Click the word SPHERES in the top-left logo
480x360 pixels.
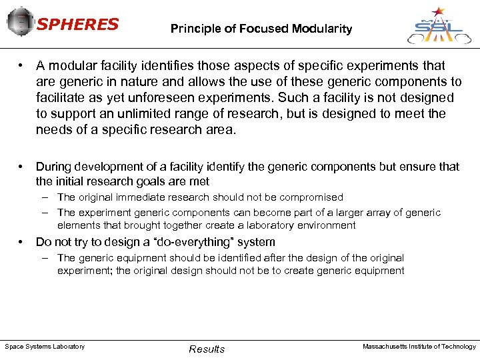coord(77,25)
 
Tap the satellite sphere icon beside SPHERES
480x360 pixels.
coord(20,23)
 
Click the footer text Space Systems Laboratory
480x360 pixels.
coord(45,347)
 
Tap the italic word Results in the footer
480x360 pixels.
coord(207,349)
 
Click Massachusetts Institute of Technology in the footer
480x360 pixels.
coord(419,347)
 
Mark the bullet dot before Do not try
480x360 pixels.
coord(22,242)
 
